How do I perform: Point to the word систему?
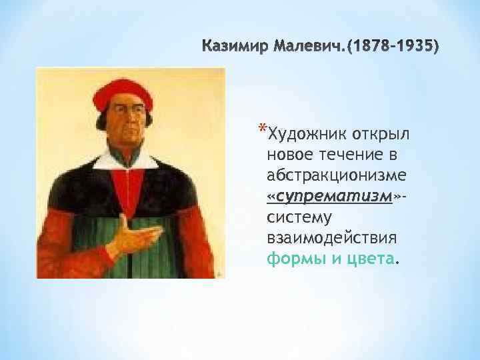[x=296, y=217]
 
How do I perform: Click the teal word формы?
[x=291, y=259]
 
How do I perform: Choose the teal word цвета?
[x=371, y=259]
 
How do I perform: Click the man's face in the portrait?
[x=126, y=133]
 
